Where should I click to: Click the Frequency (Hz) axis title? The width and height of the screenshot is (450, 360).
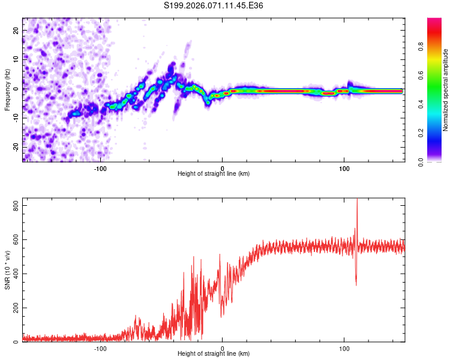7,90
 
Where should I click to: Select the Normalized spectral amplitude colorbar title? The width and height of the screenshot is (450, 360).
445,90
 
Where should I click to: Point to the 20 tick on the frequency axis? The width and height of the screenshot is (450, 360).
17,29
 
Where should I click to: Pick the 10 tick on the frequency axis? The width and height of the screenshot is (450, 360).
17,59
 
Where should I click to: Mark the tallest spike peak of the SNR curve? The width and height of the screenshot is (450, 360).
357,199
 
